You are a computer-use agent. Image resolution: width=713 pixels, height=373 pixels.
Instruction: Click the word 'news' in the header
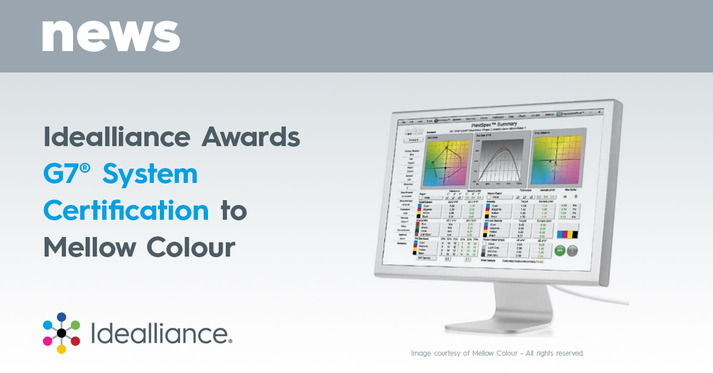tap(111, 36)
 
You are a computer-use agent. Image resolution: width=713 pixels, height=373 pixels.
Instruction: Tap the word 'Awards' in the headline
tap(251, 138)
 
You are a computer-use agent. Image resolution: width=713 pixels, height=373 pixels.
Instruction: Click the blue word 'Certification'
tap(126, 210)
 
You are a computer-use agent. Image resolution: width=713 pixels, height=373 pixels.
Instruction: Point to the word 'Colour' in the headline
tap(191, 246)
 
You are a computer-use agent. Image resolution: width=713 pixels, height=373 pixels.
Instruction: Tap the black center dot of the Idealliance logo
tap(61, 333)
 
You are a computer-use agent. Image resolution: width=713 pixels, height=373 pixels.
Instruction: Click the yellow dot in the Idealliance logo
tap(61, 349)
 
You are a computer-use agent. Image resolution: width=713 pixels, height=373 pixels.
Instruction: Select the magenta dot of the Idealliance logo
tap(48, 341)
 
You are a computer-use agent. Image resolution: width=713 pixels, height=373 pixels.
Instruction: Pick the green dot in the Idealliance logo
tap(75, 324)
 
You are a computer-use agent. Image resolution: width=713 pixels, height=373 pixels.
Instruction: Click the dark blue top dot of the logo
tap(61, 317)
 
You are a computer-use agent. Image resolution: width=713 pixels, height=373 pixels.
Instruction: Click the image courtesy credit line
tap(497, 353)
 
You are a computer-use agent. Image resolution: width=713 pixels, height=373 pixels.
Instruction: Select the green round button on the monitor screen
tap(560, 250)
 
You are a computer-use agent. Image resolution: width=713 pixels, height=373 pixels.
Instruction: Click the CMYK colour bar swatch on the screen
tap(567, 235)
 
